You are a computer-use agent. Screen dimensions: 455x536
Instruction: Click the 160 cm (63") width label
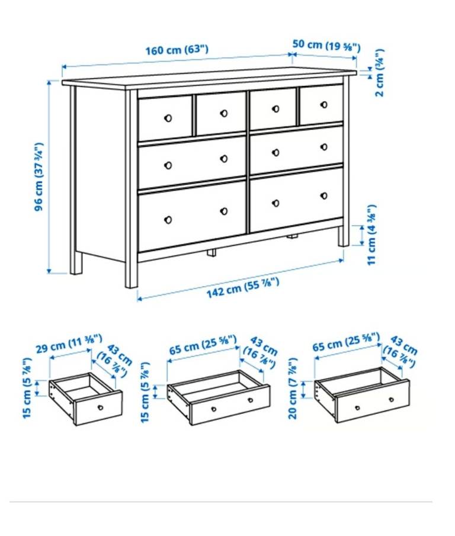tap(177, 50)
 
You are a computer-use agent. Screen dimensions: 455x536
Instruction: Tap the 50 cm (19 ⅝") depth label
tap(326, 45)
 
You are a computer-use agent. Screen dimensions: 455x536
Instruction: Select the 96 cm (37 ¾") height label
tap(40, 176)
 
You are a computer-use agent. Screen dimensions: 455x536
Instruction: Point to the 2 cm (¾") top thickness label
tap(379, 73)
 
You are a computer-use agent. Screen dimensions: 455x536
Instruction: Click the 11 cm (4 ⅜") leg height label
tap(371, 235)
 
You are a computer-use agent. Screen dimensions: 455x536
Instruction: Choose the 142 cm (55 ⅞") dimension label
tap(243, 287)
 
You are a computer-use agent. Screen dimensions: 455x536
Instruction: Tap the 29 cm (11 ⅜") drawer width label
tap(69, 344)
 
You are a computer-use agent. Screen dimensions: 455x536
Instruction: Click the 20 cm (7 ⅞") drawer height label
tap(293, 389)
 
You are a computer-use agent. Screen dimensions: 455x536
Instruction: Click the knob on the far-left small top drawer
tap(168, 118)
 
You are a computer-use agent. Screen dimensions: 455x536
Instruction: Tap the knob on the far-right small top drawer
tap(323, 105)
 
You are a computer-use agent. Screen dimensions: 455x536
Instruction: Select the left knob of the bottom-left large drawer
tap(168, 220)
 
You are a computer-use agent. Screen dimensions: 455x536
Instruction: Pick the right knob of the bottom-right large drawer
tap(323, 196)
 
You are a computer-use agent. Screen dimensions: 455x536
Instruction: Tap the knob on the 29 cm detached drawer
tap(101, 407)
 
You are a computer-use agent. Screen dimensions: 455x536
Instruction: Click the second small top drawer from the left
tap(221, 114)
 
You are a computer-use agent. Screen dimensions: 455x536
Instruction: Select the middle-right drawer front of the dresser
tap(296, 150)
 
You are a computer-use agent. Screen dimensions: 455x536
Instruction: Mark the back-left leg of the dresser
tap(76, 263)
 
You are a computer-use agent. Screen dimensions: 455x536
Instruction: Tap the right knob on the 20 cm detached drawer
tap(392, 399)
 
